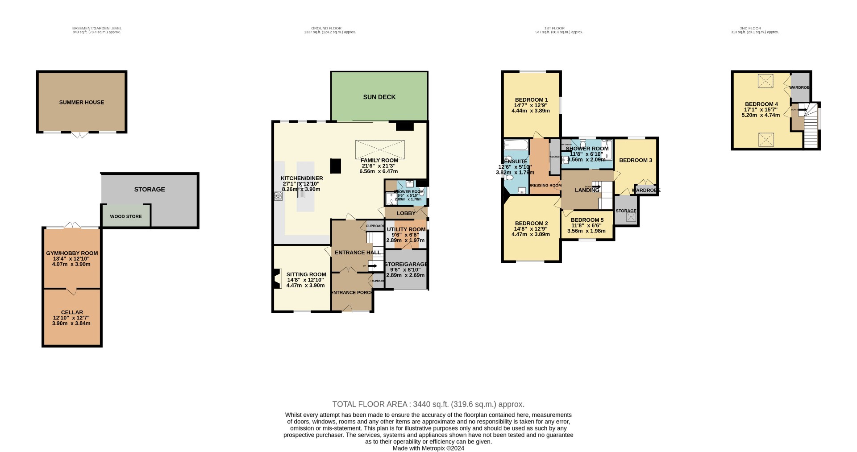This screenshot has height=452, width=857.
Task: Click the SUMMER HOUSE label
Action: pyautogui.click(x=81, y=102)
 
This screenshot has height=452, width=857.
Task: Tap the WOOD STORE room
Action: pyautogui.click(x=126, y=216)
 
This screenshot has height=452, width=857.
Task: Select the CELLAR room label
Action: pyautogui.click(x=72, y=313)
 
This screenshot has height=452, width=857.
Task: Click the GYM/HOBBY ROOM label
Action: pyautogui.click(x=72, y=253)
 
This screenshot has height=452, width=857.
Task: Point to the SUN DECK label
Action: pyautogui.click(x=379, y=97)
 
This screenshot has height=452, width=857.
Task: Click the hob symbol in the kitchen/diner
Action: pyautogui.click(x=279, y=195)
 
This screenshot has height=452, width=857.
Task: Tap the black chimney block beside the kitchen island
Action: pyautogui.click(x=336, y=166)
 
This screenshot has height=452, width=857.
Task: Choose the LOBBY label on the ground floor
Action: pyautogui.click(x=406, y=213)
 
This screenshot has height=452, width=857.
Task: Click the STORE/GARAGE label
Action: pyautogui.click(x=406, y=264)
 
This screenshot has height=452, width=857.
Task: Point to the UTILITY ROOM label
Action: pyautogui.click(x=406, y=229)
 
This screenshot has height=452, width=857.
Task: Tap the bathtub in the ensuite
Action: pyautogui.click(x=516, y=145)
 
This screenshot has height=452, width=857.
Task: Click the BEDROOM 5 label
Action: pyautogui.click(x=587, y=220)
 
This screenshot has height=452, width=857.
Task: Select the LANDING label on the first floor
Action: pyautogui.click(x=587, y=190)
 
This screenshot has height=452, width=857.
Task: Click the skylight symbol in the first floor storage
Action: pyautogui.click(x=631, y=217)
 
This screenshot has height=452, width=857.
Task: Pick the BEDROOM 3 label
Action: pyautogui.click(x=635, y=160)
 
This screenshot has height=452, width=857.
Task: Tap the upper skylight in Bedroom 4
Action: pyautogui.click(x=765, y=81)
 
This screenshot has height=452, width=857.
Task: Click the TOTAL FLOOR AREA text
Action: pyautogui.click(x=428, y=404)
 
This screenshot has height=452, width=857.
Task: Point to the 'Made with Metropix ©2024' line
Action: pyautogui.click(x=428, y=448)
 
